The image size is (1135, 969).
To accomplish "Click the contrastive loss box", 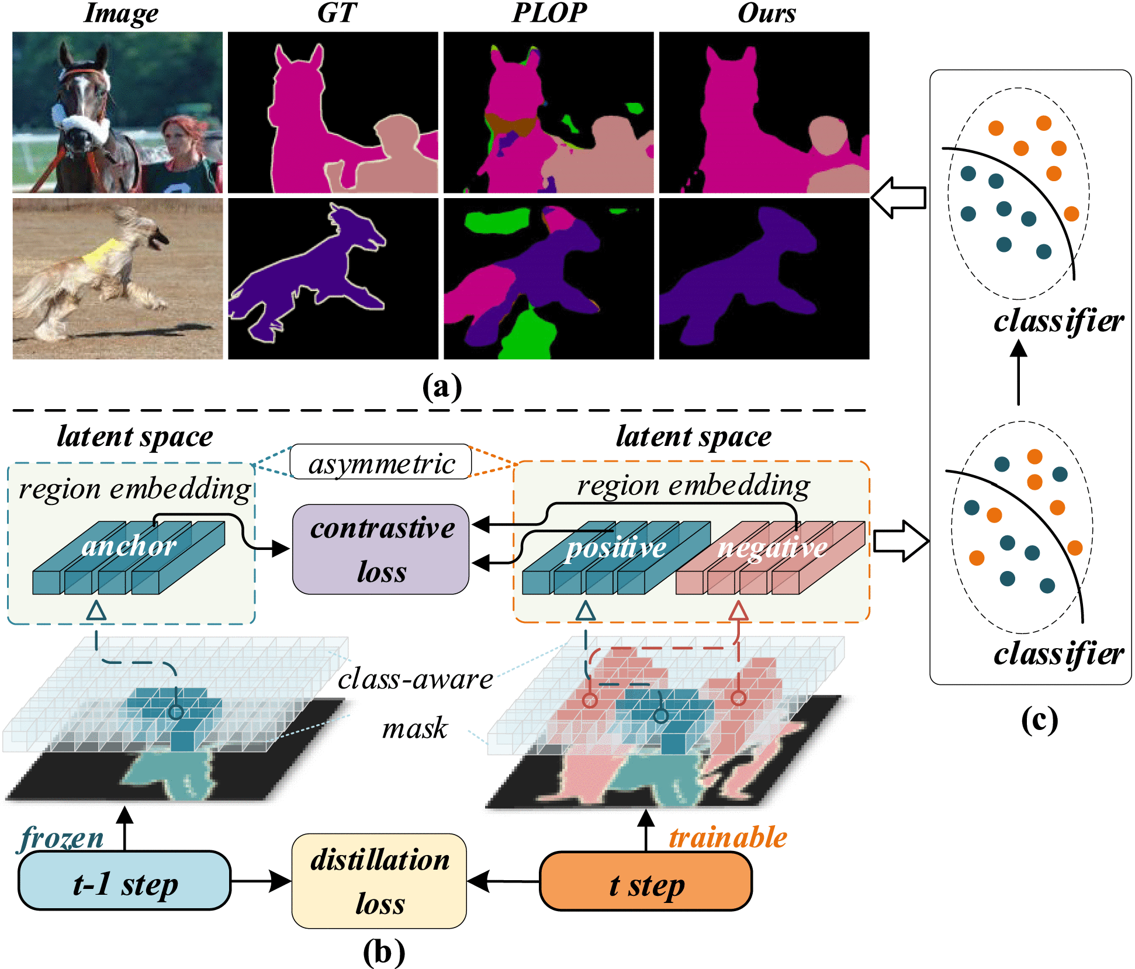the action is pos(380,549).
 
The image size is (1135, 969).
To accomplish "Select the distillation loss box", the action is pos(379,881).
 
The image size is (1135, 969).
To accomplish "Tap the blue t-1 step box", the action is pos(124,880).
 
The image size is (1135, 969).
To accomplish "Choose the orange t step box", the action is pos(646,881).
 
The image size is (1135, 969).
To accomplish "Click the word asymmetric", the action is pos(381,463).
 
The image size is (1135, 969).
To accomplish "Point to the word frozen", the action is pos(61,838).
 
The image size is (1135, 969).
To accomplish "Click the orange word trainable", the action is pos(728,837).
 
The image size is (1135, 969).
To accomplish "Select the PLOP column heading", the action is pos(549,13).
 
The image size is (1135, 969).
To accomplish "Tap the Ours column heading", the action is pos(766,13).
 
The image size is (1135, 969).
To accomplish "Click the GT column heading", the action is pos(337,13).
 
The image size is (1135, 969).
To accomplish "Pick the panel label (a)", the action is pos(442,387).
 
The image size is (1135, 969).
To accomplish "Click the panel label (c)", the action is pos(1039,720).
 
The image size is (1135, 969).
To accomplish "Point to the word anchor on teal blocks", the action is pos(129,546).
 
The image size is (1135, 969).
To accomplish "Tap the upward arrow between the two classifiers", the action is pos(1019,372).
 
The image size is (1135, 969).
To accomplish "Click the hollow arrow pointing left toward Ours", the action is pos(898,198).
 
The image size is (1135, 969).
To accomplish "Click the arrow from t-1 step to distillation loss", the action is pos(261,881).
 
